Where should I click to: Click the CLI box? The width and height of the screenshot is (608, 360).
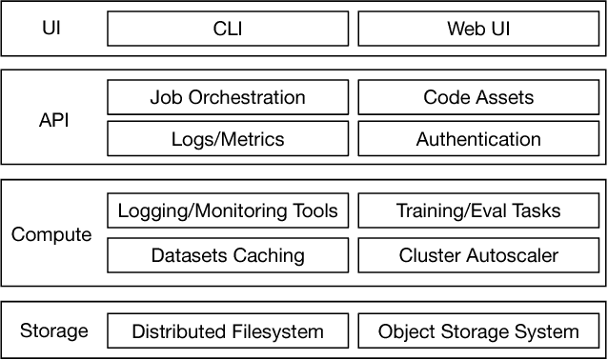(x=228, y=29)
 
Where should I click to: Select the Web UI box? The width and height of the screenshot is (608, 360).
(x=478, y=29)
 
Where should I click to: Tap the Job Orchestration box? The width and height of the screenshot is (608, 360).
(x=228, y=97)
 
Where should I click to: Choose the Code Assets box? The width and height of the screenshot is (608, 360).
(x=478, y=97)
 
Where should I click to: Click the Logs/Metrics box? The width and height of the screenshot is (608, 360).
(x=228, y=139)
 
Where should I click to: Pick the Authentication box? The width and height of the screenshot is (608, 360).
(x=478, y=139)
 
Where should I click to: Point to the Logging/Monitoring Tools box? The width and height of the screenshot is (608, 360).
(x=228, y=210)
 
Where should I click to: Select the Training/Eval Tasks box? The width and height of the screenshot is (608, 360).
(x=478, y=210)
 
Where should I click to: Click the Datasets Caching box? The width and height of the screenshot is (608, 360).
(x=228, y=254)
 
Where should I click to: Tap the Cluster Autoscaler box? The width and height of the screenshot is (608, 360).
(x=478, y=254)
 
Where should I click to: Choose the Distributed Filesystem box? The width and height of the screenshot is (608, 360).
(x=228, y=331)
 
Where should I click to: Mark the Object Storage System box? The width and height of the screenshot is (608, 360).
(x=478, y=331)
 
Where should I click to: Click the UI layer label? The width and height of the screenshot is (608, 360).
(x=51, y=29)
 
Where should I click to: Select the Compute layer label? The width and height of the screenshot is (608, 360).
(x=51, y=234)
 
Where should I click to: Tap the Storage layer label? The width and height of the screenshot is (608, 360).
(x=53, y=331)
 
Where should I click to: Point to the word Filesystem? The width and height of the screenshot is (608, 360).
(x=278, y=332)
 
